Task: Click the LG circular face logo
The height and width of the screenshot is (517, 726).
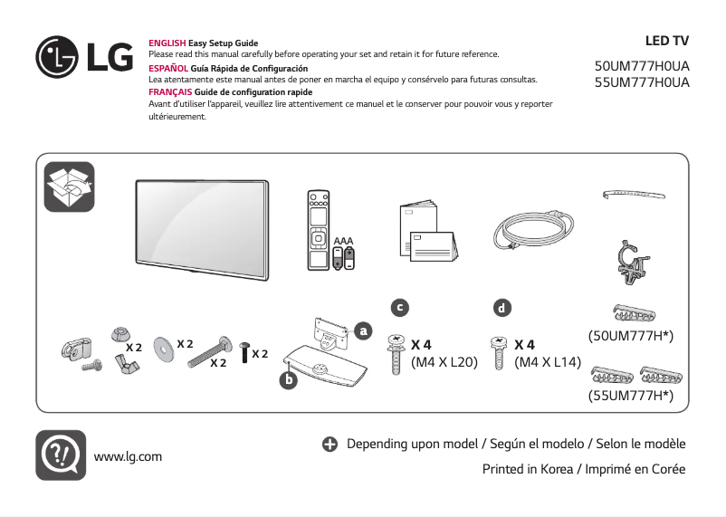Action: click(x=58, y=58)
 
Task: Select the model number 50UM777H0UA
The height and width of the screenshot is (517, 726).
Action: click(x=642, y=67)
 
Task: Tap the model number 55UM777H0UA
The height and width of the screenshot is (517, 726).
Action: click(x=642, y=82)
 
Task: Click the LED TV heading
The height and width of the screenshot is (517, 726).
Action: click(x=666, y=42)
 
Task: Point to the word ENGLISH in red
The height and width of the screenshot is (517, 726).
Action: click(x=167, y=43)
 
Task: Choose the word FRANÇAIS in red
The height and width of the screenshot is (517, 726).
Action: click(x=169, y=92)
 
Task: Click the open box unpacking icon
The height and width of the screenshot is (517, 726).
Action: click(x=70, y=187)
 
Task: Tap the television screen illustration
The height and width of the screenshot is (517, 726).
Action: click(x=202, y=226)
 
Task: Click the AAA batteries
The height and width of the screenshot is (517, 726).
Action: click(x=344, y=255)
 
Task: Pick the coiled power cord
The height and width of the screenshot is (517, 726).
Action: click(x=530, y=232)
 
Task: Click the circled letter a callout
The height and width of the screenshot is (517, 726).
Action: click(x=364, y=330)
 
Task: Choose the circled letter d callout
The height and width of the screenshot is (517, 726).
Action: click(x=501, y=308)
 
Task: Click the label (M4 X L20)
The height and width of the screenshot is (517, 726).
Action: click(x=444, y=363)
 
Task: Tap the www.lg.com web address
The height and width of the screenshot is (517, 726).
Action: click(x=128, y=456)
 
